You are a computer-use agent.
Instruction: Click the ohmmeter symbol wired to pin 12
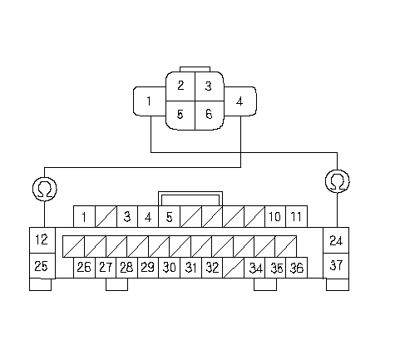45,189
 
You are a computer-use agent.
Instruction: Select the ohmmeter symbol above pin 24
338,181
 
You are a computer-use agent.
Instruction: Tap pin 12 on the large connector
42,240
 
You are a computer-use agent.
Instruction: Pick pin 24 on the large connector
336,240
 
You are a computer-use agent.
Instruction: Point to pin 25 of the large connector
42,266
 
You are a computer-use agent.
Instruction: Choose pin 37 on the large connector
336,266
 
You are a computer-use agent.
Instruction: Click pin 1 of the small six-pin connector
150,101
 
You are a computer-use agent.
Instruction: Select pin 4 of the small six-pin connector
240,101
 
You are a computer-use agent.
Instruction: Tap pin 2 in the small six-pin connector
180,86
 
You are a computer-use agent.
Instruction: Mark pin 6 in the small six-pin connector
210,115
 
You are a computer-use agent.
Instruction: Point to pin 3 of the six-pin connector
210,86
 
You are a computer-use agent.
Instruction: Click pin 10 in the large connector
275,216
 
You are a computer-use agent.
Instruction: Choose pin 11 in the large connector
297,216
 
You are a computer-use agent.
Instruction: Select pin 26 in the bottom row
84,268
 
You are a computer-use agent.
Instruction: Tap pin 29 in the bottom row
148,268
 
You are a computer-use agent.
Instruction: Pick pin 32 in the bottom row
212,268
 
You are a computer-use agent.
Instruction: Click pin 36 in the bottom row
297,268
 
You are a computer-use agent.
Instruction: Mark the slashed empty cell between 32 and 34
234,268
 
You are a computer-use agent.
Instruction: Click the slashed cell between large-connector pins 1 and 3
106,216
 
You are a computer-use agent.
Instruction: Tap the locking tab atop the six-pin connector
195,69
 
